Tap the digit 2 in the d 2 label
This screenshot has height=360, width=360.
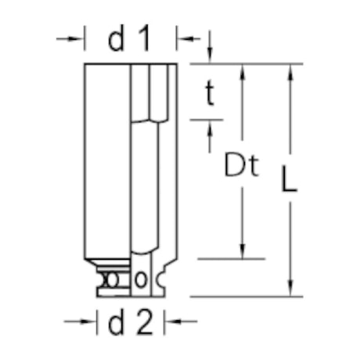[143, 322]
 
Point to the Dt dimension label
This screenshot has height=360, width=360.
[241, 166]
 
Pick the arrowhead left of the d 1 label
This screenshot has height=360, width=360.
[78, 38]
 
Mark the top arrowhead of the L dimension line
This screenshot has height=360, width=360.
[291, 70]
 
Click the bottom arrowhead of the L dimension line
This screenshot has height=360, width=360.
[291, 290]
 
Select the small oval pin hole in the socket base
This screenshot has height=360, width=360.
[141, 279]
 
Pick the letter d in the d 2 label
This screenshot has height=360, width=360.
[117, 322]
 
